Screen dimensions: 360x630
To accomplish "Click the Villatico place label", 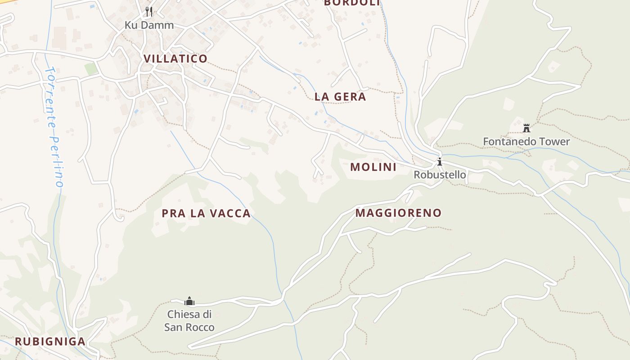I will pyautogui.click(x=175, y=58).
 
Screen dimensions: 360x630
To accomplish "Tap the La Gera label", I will pyautogui.click(x=340, y=97).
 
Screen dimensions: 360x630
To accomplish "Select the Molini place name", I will pyautogui.click(x=373, y=167).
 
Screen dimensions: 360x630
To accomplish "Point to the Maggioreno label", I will pyautogui.click(x=398, y=213).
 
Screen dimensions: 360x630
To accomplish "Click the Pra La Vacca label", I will pyautogui.click(x=206, y=213).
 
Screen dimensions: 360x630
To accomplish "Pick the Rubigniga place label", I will pyautogui.click(x=50, y=342).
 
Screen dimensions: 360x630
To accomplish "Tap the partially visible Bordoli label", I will pyautogui.click(x=352, y=3).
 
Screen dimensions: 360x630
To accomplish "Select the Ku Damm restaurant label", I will pyautogui.click(x=149, y=25).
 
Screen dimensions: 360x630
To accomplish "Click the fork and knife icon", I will pyautogui.click(x=149, y=11).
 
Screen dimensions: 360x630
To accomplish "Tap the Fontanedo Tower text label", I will pyautogui.click(x=526, y=142).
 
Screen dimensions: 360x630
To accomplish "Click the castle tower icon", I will pyautogui.click(x=526, y=128).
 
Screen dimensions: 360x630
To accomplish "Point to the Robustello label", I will pyautogui.click(x=440, y=175).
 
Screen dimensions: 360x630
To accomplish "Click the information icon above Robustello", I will pyautogui.click(x=440, y=162).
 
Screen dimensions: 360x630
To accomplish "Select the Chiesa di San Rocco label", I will pyautogui.click(x=189, y=320).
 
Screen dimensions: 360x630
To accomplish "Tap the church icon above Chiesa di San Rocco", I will pyautogui.click(x=189, y=301).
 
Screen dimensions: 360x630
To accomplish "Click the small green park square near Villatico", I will pyautogui.click(x=91, y=69).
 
